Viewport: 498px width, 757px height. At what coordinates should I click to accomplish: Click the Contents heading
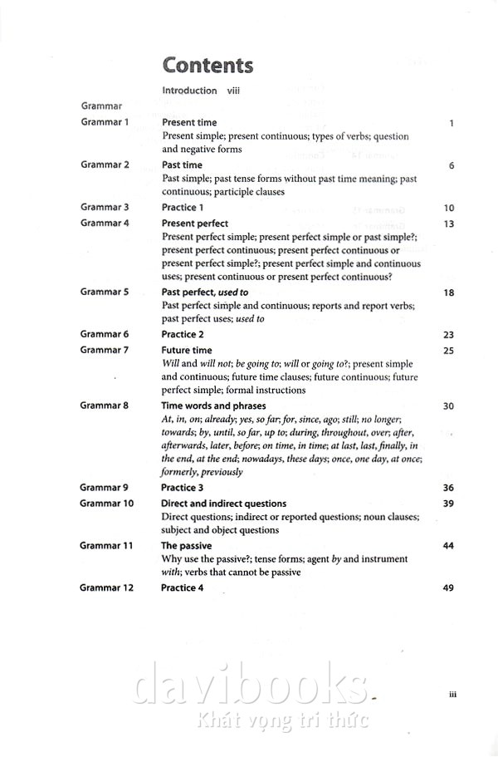tap(207, 65)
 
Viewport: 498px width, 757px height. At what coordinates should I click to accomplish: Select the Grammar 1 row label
tap(105, 122)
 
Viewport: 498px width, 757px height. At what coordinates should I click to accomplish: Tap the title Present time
tap(189, 123)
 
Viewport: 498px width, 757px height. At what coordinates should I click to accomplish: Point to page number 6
tap(451, 165)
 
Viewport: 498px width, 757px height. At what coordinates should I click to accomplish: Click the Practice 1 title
tap(183, 207)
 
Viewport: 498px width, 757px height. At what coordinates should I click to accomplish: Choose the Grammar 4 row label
tap(105, 223)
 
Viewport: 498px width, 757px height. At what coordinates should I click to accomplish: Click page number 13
tap(449, 224)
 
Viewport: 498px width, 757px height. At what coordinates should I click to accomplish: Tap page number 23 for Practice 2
tap(449, 335)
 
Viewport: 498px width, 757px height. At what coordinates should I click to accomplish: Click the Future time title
tap(187, 351)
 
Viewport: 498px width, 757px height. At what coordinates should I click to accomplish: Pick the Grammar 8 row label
tap(105, 406)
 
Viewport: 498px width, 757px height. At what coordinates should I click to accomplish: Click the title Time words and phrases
tap(213, 406)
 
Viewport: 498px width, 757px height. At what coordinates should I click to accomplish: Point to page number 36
tap(449, 488)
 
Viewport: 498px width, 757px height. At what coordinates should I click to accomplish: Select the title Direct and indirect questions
tap(223, 504)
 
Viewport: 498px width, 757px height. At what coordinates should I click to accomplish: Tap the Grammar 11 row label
tap(107, 545)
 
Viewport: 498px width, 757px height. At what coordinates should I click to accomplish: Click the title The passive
tap(186, 546)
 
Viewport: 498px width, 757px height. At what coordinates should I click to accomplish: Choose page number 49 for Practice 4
tap(449, 587)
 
